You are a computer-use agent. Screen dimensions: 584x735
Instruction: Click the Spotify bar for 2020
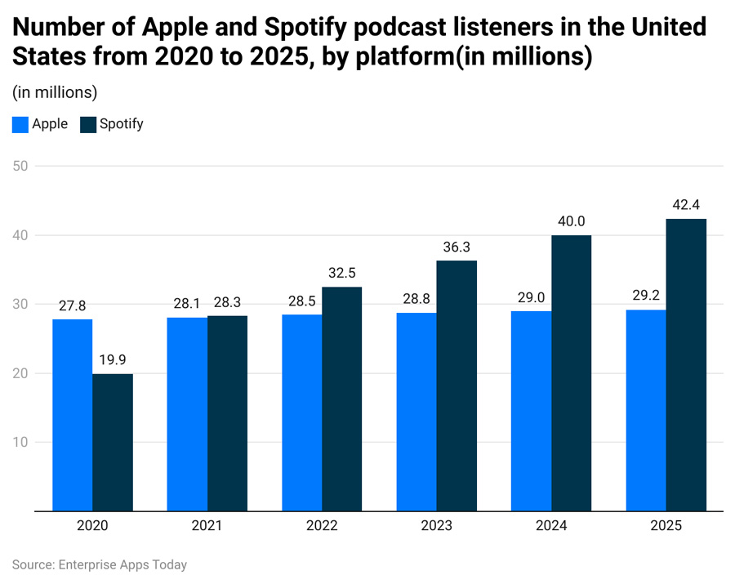[x=113, y=443]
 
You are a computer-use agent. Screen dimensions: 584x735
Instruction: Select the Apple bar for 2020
[x=72, y=415]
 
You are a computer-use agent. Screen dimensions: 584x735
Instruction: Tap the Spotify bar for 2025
[x=686, y=365]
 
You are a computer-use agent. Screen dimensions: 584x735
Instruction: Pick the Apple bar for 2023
[x=416, y=412]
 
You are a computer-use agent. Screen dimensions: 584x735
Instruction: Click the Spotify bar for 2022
[x=342, y=399]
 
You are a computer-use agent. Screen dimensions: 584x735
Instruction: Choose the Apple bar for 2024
[x=532, y=411]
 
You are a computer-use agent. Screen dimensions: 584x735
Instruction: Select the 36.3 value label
[x=457, y=247]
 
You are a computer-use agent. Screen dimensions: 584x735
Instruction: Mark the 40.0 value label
[x=572, y=221]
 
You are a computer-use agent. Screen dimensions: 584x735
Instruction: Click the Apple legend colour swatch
[x=20, y=125]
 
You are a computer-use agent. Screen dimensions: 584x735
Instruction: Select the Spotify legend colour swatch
[x=87, y=125]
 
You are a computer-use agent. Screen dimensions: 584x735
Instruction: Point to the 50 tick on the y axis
[x=20, y=167]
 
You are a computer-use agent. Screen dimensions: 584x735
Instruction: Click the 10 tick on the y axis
[x=20, y=443]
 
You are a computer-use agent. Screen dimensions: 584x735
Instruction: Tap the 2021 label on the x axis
[x=207, y=528]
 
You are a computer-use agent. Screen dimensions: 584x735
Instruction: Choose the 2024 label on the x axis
[x=551, y=528]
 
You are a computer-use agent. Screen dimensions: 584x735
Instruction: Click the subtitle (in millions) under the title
[x=55, y=91]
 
